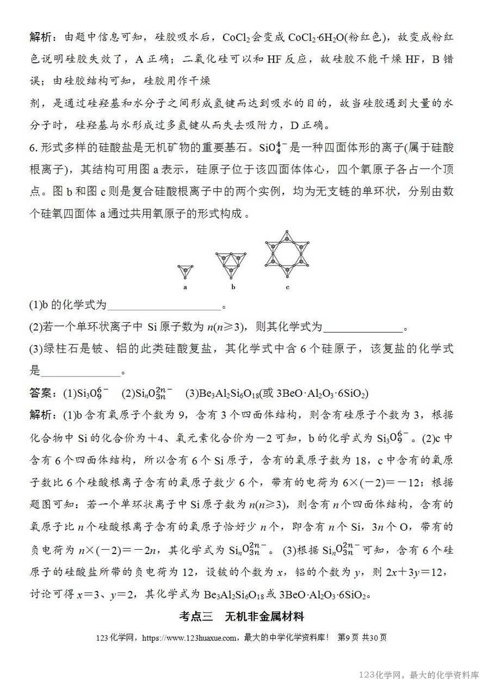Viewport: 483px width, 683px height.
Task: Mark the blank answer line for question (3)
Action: click(x=81, y=372)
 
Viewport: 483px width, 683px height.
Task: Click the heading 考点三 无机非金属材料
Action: click(x=241, y=617)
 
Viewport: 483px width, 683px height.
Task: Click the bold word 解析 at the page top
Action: click(x=41, y=37)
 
